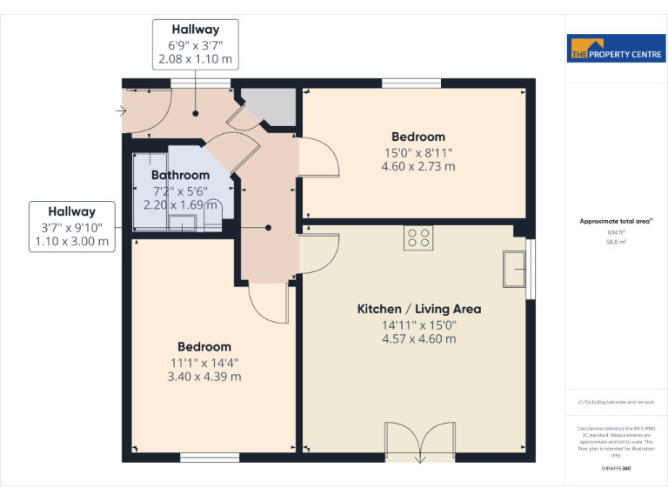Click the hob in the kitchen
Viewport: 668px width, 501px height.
tap(418, 237)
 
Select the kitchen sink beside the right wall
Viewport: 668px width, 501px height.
tap(515, 270)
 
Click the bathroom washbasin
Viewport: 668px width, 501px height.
tap(183, 222)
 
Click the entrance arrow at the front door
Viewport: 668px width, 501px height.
tap(120, 111)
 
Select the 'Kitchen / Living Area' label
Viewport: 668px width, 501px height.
tap(419, 309)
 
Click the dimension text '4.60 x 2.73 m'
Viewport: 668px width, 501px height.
tap(418, 167)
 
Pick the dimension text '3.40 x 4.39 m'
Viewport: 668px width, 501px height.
tap(204, 377)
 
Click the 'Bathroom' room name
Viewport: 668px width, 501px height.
tap(181, 176)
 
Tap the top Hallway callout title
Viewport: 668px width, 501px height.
tap(195, 30)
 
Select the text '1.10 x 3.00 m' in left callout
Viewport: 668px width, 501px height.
tap(72, 242)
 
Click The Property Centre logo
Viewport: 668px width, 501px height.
tap(616, 50)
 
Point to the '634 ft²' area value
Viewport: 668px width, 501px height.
tap(616, 232)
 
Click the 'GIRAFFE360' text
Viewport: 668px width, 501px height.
tap(616, 469)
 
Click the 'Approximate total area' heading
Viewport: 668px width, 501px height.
tap(615, 222)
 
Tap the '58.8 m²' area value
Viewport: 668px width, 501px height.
tap(616, 243)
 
